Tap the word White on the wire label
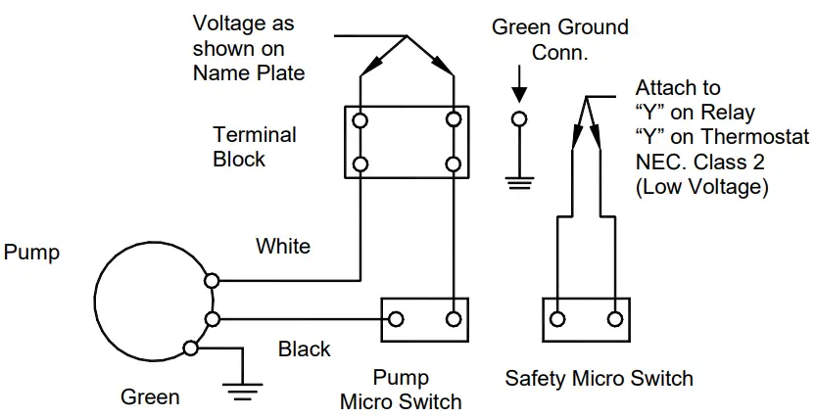283,247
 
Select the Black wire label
305,348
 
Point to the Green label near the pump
150,397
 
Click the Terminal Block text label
254,146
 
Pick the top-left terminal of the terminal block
360,120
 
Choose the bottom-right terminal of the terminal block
454,163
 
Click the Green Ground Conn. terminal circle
519,119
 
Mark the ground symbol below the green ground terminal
519,180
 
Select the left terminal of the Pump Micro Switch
397,319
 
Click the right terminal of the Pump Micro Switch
454,319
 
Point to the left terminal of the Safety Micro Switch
558,319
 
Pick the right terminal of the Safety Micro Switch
615,319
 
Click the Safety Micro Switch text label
599,379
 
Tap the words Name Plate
249,72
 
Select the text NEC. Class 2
699,160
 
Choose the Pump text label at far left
31,253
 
